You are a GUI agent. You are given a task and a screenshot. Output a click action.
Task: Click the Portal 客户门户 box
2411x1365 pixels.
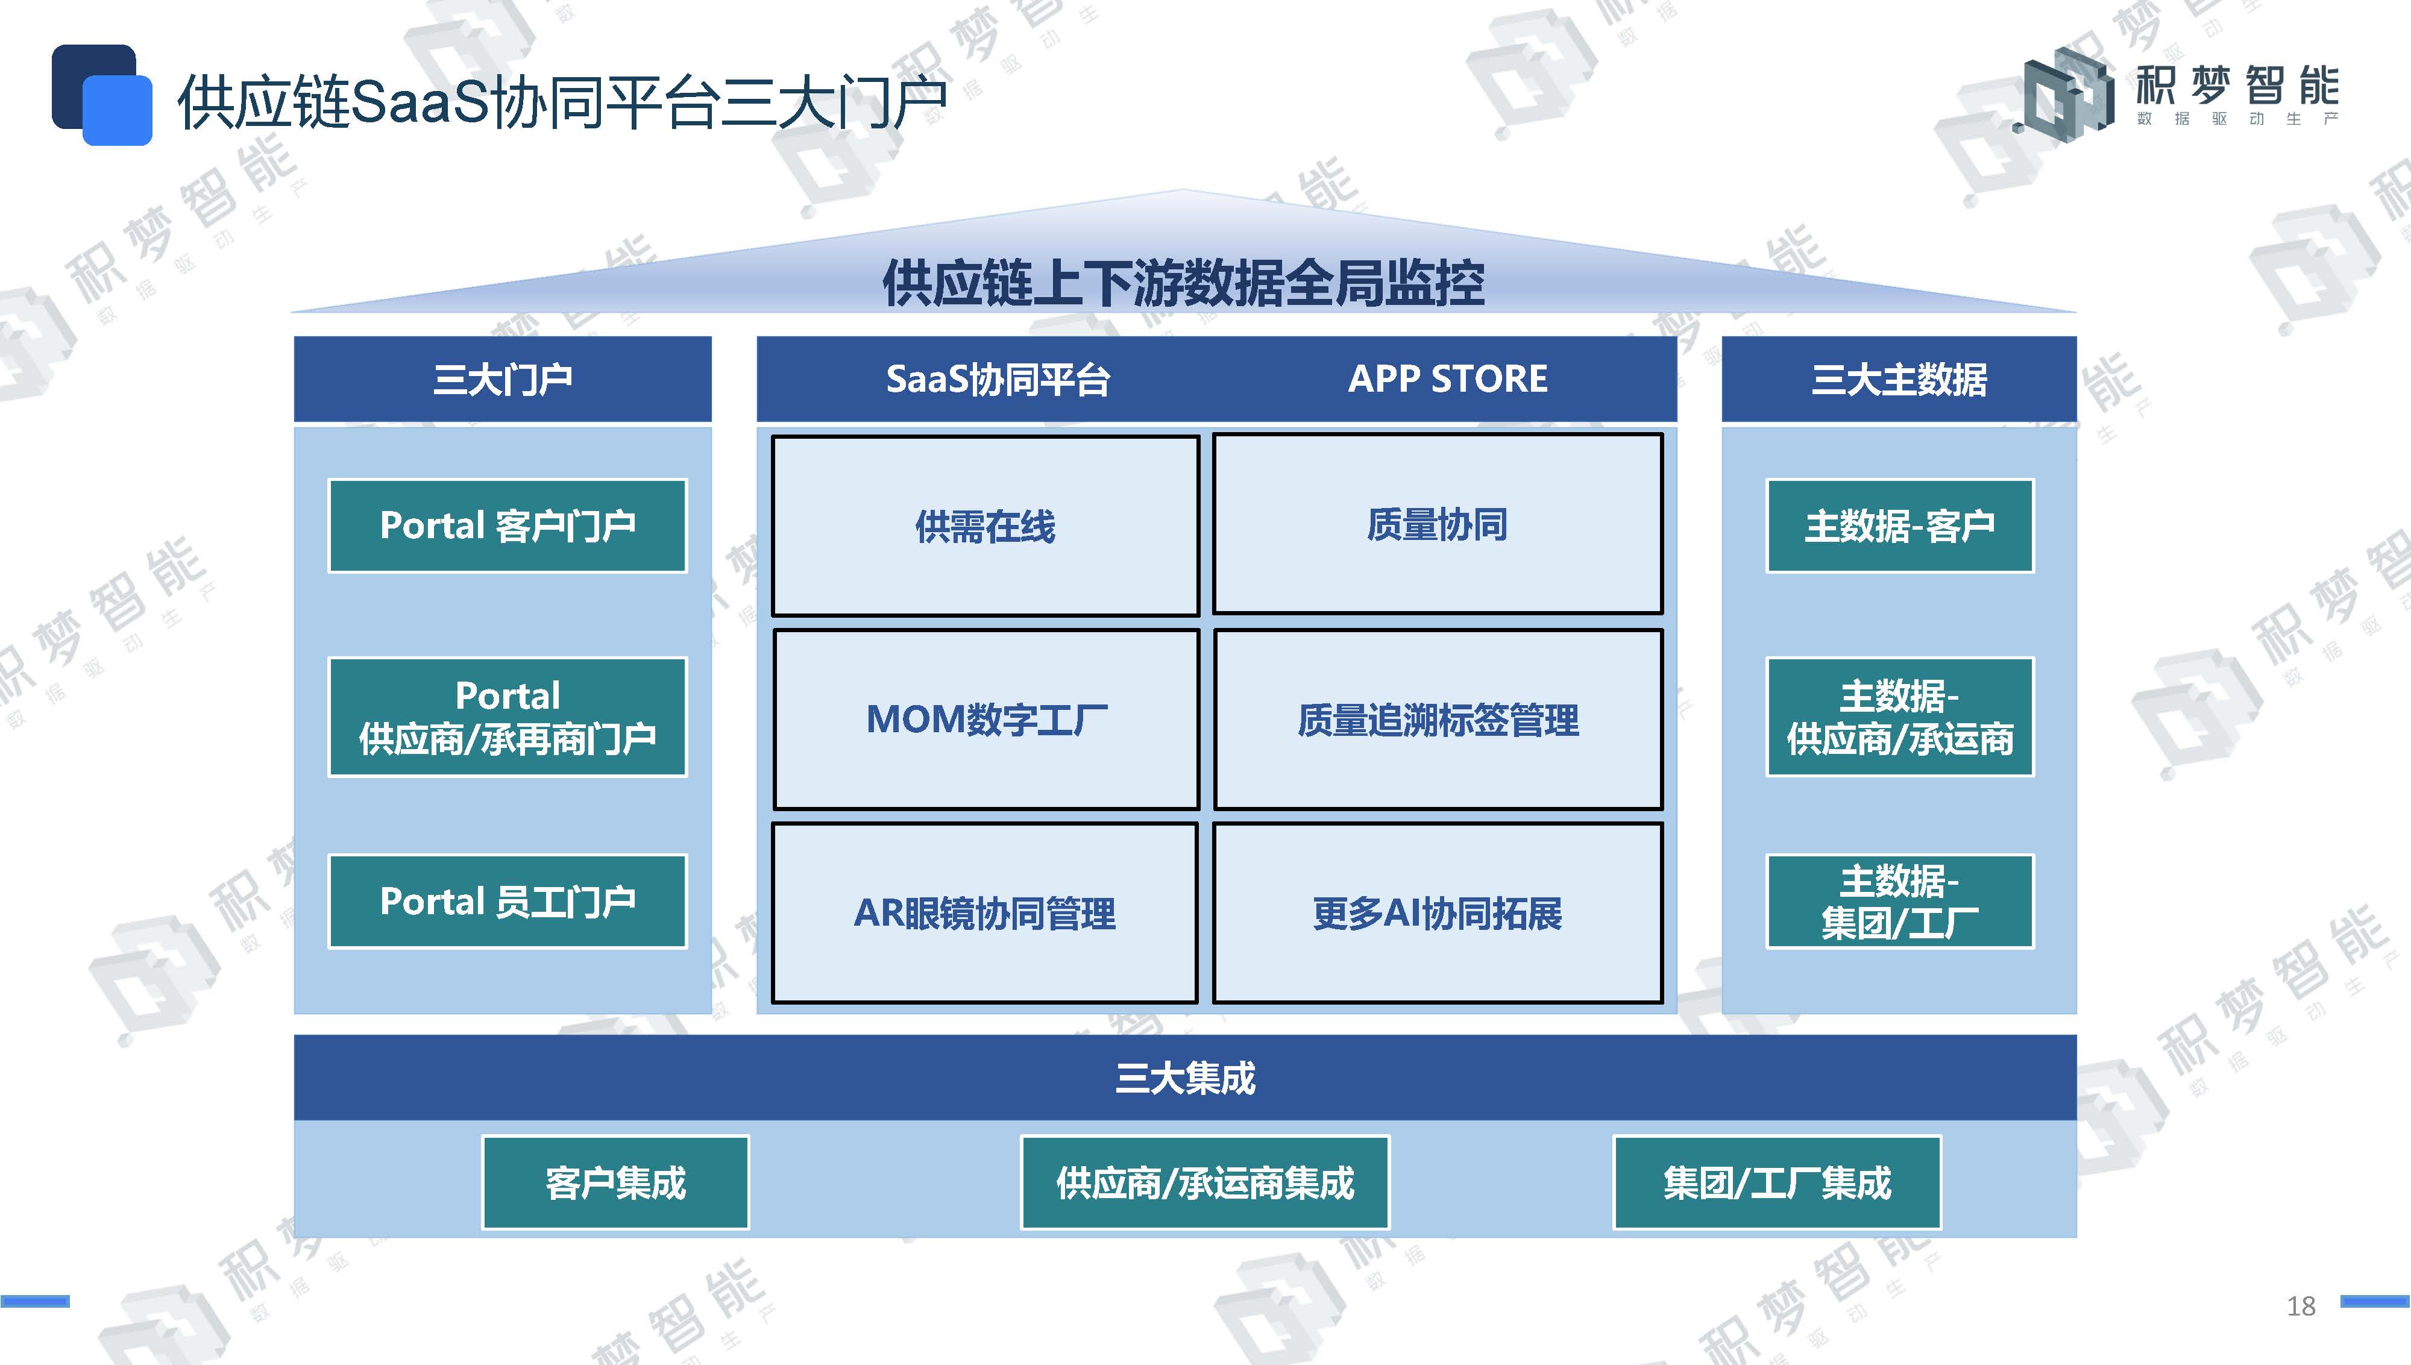point(507,526)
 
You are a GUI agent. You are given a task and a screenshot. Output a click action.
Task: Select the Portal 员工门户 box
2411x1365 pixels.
point(507,901)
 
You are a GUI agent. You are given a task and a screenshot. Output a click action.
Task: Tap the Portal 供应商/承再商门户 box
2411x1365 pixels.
point(507,717)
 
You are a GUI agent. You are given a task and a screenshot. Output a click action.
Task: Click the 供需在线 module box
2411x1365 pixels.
point(985,526)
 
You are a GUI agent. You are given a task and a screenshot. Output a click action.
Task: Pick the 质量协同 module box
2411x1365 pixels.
point(1437,524)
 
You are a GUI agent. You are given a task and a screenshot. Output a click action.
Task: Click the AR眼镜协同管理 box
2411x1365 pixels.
point(984,913)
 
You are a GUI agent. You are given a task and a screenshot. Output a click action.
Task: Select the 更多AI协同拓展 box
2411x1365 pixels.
point(1437,913)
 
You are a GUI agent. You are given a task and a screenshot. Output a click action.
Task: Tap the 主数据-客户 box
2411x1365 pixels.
point(1900,526)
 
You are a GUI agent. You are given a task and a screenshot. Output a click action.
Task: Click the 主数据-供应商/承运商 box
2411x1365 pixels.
point(1900,717)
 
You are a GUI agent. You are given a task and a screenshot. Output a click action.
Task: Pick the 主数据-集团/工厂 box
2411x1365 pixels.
point(1900,901)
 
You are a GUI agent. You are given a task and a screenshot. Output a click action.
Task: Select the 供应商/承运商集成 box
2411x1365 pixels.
point(1204,1182)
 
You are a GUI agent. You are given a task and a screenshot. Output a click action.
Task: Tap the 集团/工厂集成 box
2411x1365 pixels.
point(1776,1182)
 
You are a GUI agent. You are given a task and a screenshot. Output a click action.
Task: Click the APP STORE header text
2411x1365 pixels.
point(1447,378)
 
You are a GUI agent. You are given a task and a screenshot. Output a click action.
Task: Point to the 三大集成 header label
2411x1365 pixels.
point(1185,1078)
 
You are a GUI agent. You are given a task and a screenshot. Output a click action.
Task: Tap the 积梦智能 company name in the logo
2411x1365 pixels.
point(2237,86)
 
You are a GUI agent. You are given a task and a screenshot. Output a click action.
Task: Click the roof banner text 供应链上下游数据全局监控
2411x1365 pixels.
point(1184,283)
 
